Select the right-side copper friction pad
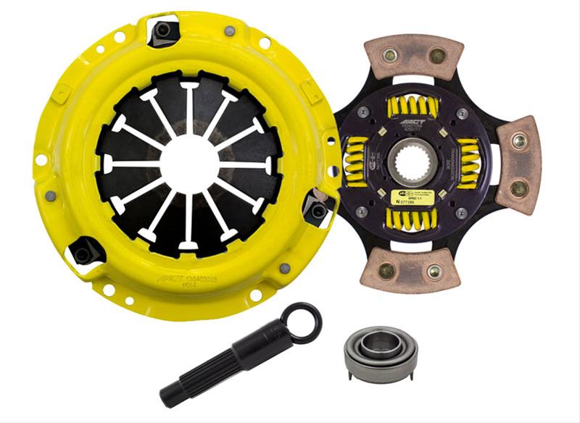(x=518, y=164)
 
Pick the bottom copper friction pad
(x=414, y=268)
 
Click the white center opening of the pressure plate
(x=188, y=161)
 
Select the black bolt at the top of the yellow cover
(x=164, y=30)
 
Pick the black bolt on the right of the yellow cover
(x=317, y=210)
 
